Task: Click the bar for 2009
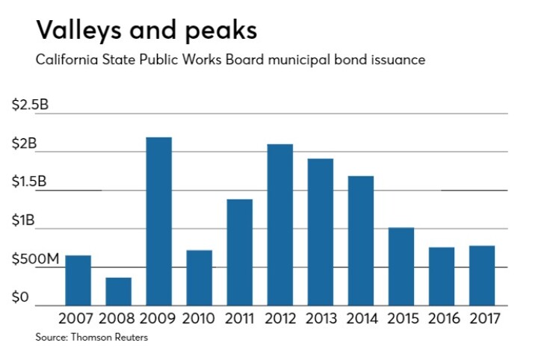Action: [x=158, y=221]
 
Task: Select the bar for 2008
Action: [x=118, y=291]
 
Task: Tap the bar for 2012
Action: [x=279, y=224]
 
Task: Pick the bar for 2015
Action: [x=401, y=266]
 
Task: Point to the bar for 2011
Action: [x=239, y=252]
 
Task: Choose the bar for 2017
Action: [x=481, y=275]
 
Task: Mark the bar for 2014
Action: [x=360, y=240]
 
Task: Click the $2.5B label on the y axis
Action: [x=30, y=105]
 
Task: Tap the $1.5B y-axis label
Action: [x=30, y=182]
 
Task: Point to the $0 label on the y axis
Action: [x=20, y=298]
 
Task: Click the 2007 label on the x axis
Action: [x=77, y=318]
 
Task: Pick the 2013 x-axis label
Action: [x=320, y=318]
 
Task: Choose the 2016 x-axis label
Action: [x=441, y=318]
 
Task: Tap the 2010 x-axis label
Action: [x=198, y=318]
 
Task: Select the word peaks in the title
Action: [x=220, y=32]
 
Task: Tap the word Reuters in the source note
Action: [x=128, y=338]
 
